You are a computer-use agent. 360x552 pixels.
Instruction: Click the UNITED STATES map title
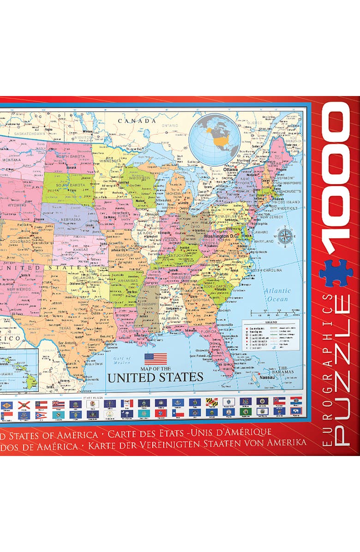click(155, 377)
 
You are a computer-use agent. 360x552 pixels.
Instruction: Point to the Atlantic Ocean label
click(277, 294)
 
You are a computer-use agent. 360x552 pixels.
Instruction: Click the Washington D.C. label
click(221, 235)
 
